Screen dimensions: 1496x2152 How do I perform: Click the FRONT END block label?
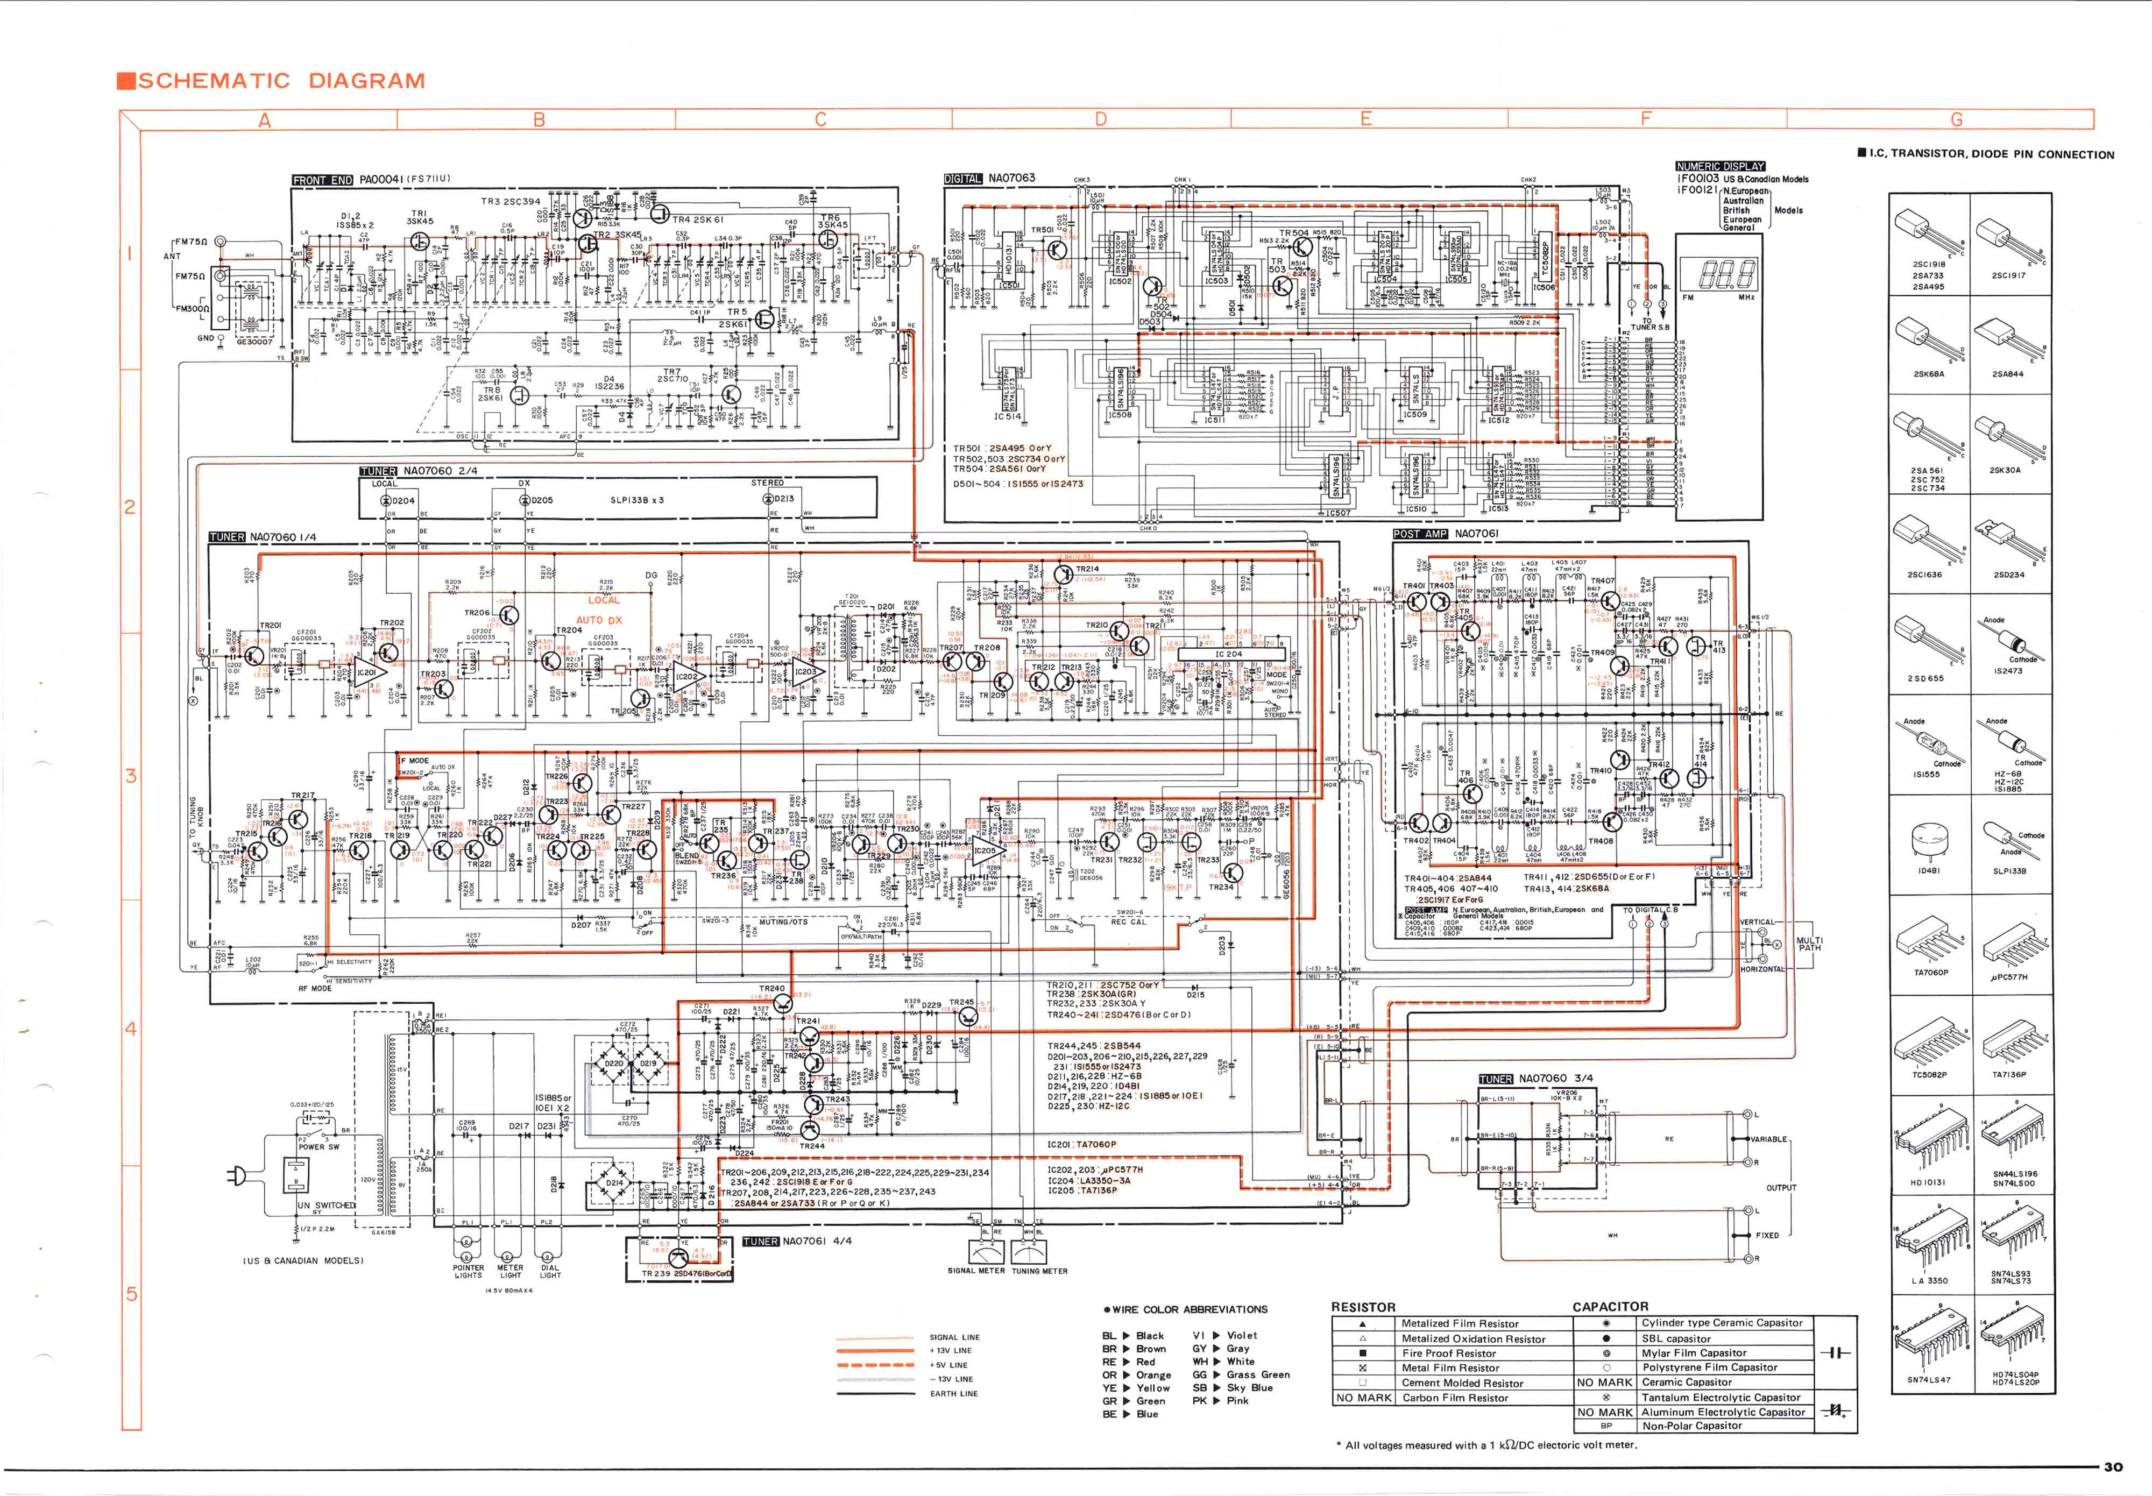pos(322,180)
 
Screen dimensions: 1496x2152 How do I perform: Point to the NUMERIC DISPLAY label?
pos(1720,166)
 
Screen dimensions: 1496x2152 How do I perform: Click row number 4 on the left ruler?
pos(130,1029)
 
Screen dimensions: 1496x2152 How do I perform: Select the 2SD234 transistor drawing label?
pos(2008,575)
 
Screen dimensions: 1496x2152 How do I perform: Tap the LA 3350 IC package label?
pos(1930,1280)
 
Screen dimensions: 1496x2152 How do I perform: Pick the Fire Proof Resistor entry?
pos(1448,1352)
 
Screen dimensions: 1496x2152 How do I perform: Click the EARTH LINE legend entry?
pos(953,1393)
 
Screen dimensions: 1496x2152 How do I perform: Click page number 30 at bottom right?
pos(2113,1467)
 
